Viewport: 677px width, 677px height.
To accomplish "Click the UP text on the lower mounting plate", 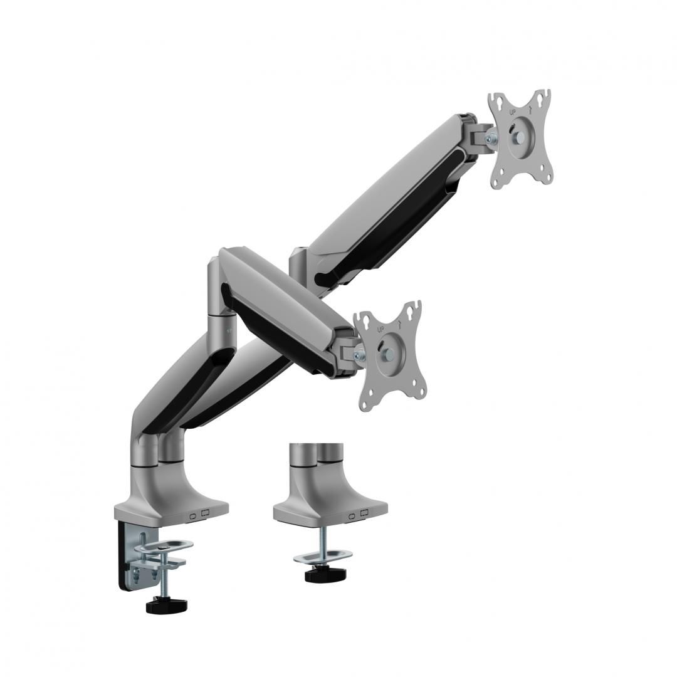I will (x=380, y=329).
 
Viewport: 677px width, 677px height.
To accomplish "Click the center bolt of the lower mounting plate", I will (x=385, y=351).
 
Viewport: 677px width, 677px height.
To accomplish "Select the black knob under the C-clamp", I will (x=167, y=606).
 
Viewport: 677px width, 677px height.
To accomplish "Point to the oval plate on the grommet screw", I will (x=323, y=555).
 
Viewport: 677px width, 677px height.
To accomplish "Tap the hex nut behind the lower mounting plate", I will (x=359, y=355).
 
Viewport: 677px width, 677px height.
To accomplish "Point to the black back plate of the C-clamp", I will (x=123, y=558).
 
